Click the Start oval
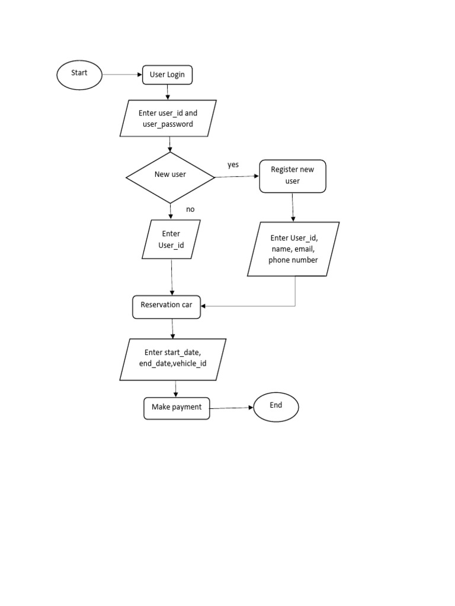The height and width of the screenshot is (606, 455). point(79,75)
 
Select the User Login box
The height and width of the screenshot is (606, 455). point(167,75)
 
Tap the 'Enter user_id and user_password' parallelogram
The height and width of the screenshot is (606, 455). point(168,118)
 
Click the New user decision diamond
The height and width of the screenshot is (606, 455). point(170,178)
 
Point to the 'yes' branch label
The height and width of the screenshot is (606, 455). point(233,165)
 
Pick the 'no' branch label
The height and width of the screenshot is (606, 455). point(190,209)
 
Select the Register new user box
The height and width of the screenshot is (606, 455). point(293,176)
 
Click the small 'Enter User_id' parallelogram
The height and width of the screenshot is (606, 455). point(171,239)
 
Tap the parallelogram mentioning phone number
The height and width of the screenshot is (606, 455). point(293,249)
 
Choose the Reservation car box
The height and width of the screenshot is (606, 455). point(166,307)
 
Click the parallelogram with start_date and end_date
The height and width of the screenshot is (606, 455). point(173,359)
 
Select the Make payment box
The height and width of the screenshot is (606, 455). point(177,408)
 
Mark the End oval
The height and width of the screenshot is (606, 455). point(276,407)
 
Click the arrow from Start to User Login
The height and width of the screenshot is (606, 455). point(122,75)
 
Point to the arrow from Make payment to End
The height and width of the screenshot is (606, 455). point(232,408)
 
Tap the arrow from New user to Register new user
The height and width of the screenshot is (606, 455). point(237,176)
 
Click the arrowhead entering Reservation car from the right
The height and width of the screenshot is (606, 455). point(203,306)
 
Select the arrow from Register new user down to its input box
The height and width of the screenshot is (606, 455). point(293,207)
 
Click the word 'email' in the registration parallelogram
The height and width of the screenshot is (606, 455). point(304,249)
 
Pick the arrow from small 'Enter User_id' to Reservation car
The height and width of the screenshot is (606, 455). point(172,277)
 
